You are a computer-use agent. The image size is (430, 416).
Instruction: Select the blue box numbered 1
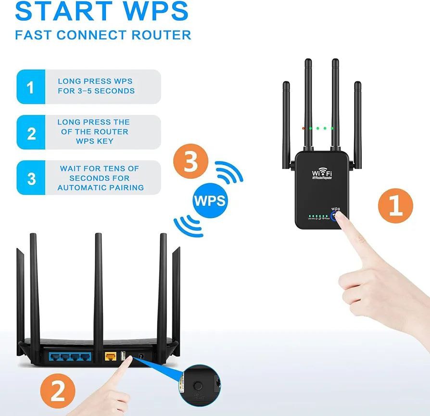point(31,87)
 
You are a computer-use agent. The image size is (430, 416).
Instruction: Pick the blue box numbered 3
point(31,178)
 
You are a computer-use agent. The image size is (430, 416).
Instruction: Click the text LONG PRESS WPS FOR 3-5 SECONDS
point(96,86)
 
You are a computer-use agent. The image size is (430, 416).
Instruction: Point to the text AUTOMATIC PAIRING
point(101,188)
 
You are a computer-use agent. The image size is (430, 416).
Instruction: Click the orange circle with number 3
point(191,162)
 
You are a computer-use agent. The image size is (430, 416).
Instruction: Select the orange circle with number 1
point(394,207)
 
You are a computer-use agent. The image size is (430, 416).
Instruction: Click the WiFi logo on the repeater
point(322,173)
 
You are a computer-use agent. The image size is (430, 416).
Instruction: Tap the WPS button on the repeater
point(336,216)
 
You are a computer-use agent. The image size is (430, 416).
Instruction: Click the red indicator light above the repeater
point(303,128)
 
